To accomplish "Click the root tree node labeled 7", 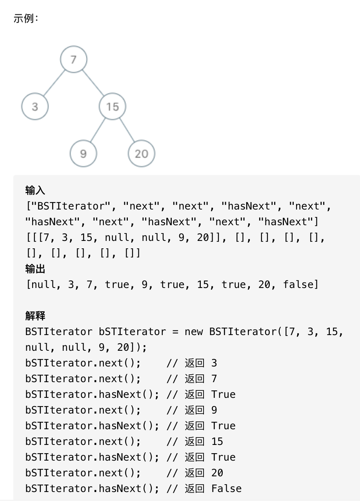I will (x=73, y=60).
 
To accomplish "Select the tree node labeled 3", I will (x=35, y=106).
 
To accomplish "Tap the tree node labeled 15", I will (x=112, y=106).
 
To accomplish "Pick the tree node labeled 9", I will (x=83, y=153).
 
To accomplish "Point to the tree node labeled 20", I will (x=141, y=153).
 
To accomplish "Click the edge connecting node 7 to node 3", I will (x=54, y=83).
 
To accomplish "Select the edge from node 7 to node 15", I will (x=93, y=83).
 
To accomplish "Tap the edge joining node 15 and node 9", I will (x=98, y=130).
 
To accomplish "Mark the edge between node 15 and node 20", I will (x=127, y=130).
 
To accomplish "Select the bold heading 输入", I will (x=35, y=190).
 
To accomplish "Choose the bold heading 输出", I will (x=35, y=269).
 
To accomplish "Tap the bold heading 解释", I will (x=35, y=316).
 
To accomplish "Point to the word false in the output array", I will (x=298, y=284).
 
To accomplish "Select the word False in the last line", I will (x=226, y=488).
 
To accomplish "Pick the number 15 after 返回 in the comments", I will (x=217, y=441).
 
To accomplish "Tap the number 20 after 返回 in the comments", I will (x=217, y=473).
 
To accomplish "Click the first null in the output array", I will (x=42, y=284).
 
